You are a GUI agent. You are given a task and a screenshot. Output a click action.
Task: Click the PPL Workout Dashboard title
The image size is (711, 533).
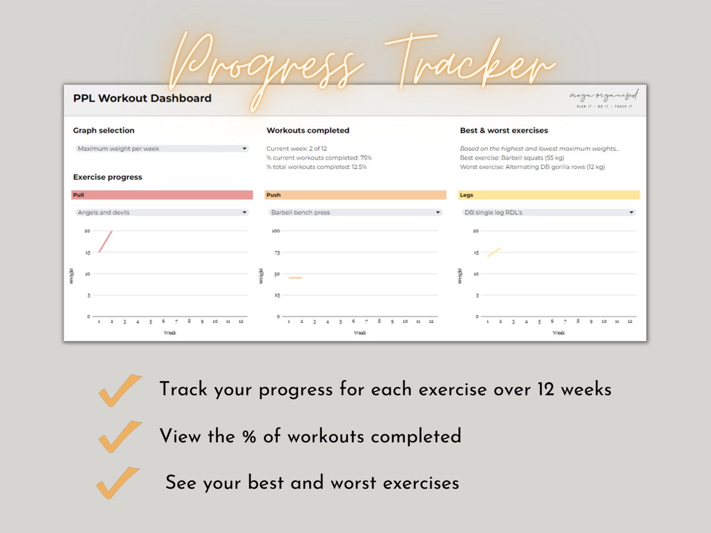142,98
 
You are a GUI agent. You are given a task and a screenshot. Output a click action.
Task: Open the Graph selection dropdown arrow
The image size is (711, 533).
244,149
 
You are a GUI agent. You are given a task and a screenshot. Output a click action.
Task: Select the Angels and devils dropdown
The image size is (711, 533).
162,213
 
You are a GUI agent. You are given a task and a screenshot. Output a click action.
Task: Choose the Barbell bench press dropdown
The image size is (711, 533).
356,213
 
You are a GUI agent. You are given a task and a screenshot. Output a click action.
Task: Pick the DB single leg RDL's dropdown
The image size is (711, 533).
549,213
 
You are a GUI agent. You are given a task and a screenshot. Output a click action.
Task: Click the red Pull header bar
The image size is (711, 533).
162,195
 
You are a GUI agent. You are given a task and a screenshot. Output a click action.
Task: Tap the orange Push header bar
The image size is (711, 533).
356,195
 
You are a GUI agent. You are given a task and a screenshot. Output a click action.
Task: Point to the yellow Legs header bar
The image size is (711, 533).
549,195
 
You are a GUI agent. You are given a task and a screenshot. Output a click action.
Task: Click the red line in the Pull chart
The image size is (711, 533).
105,242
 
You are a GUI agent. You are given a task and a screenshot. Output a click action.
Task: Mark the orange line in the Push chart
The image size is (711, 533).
295,278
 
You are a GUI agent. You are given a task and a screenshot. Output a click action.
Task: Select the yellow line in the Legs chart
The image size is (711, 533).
494,252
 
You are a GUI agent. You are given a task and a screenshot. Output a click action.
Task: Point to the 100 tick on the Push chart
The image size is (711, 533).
276,231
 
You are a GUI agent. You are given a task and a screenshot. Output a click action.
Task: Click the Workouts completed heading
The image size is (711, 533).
307,131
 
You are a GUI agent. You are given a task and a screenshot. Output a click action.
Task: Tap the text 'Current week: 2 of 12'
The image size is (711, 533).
296,149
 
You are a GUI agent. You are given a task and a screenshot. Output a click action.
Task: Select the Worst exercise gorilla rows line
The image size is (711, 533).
532,167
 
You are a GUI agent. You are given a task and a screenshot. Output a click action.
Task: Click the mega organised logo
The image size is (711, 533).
604,98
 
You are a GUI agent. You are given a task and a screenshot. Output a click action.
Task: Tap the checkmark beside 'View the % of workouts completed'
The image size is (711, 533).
120,436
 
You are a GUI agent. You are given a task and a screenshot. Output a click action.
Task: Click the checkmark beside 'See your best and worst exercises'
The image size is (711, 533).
118,483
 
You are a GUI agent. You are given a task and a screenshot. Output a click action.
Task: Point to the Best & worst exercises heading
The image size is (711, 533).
504,131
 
